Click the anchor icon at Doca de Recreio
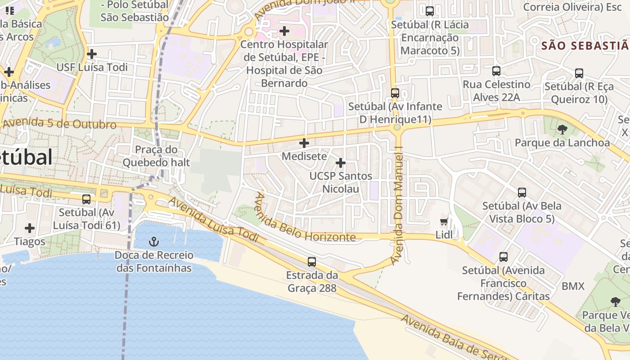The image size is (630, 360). tap(154, 242)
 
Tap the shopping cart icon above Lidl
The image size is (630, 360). tap(444, 221)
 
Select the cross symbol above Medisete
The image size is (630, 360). tap(304, 143)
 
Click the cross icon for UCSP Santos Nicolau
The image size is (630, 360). tap(341, 162)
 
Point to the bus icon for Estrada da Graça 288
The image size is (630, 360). tap(311, 261)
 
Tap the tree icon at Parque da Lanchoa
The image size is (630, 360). tap(562, 130)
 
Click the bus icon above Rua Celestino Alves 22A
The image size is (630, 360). tap(496, 71)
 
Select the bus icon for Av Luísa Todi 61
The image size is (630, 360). tap(86, 199)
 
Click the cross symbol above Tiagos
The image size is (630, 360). tap(30, 228)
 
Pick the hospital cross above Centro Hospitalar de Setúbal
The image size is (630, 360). tap(284, 31)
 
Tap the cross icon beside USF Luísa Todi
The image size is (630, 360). tap(92, 54)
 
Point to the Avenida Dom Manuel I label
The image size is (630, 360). tap(397, 205)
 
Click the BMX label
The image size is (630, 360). tap(573, 286)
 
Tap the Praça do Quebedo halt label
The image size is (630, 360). tap(156, 156)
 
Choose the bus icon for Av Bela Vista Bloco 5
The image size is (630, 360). tap(522, 193)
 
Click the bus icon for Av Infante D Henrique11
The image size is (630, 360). tap(395, 93)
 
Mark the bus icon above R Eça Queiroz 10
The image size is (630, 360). tap(579, 73)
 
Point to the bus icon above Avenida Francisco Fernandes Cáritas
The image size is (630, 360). tap(504, 257)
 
